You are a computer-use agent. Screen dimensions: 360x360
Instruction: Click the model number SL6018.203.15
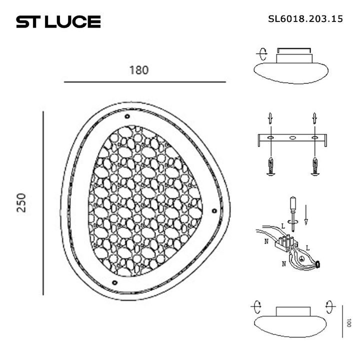305,19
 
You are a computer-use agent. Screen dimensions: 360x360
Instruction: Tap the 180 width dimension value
139,70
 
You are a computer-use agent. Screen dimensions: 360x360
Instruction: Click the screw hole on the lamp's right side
214,210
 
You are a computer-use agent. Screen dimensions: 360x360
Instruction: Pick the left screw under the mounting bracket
269,166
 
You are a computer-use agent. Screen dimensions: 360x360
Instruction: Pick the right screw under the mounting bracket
315,166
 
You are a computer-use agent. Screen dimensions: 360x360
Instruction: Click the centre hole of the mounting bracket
292,137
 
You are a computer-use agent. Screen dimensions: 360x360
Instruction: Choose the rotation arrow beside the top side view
261,54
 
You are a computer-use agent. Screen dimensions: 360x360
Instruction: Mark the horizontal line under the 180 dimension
145,81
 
